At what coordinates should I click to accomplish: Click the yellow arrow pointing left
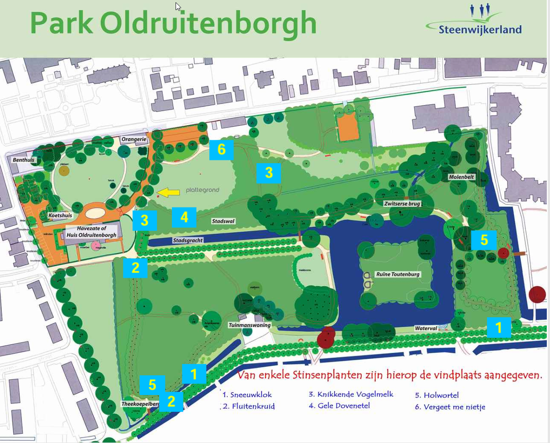(x=168, y=193)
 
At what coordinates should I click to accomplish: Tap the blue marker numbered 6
(x=221, y=150)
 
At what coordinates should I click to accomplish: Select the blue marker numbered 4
(x=184, y=217)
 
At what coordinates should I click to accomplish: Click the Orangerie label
(x=134, y=139)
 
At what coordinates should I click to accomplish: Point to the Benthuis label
(x=24, y=160)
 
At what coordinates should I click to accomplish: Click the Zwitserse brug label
(x=402, y=203)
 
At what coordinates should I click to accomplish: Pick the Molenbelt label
(x=461, y=177)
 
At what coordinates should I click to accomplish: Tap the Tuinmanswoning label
(x=250, y=325)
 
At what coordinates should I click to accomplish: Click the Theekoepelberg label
(x=140, y=404)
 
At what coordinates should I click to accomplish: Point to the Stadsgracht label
(x=187, y=240)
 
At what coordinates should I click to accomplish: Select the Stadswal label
(x=223, y=221)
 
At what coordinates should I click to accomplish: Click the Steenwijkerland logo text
(x=480, y=30)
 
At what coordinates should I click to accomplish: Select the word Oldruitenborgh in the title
(x=208, y=24)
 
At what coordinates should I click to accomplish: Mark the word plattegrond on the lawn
(x=203, y=190)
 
